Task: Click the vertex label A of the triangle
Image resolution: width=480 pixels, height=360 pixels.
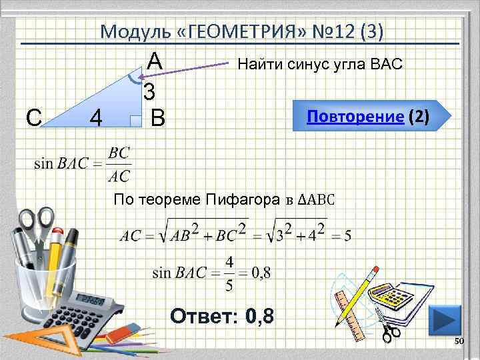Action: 155,61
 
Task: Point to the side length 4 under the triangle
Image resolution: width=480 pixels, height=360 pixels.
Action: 96,119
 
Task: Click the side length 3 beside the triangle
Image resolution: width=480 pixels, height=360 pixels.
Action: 149,91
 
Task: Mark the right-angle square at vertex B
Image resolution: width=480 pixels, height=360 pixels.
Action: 136,121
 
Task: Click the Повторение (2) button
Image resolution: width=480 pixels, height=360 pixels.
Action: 368,117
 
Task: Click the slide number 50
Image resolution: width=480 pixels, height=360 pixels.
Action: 458,341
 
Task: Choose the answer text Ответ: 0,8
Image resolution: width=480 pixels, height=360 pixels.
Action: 222,314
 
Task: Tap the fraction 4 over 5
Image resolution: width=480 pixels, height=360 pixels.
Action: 229,273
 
